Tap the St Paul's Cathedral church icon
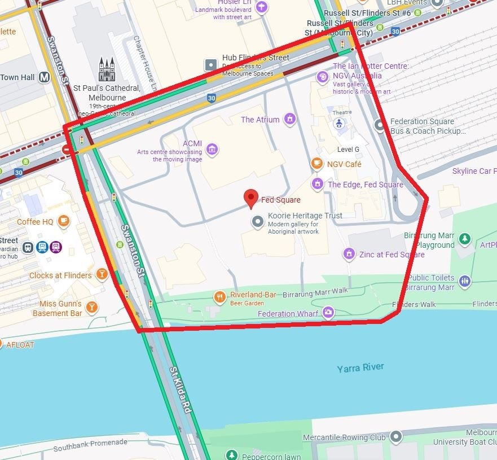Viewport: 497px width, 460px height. pos(107,69)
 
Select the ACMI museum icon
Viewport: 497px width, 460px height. pos(212,149)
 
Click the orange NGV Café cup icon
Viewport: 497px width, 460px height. pos(317,164)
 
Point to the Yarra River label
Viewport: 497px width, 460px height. pos(360,368)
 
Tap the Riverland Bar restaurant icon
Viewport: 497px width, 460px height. pos(220,296)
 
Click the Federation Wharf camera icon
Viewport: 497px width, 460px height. pos(328,312)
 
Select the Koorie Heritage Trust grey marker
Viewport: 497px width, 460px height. pos(258,222)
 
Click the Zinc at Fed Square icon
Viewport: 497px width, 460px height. pos(350,255)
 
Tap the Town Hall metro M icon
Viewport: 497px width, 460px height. pos(45,77)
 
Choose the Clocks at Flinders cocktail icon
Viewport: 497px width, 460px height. pos(102,275)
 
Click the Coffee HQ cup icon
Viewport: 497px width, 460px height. pos(64,221)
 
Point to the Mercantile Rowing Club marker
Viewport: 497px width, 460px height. pos(396,436)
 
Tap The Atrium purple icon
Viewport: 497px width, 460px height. pos(289,119)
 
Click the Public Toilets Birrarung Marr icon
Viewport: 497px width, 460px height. pos(464,282)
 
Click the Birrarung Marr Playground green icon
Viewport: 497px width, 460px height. pos(464,239)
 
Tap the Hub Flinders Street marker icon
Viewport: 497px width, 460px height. pos(212,65)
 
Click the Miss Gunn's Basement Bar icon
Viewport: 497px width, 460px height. pos(91,307)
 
